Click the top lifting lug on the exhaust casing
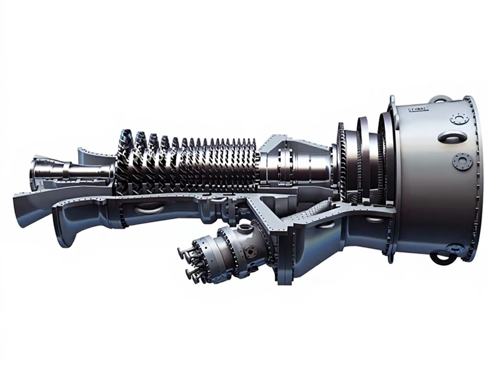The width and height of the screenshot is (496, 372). (x=439, y=99)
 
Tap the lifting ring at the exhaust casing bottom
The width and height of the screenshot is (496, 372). (x=442, y=257)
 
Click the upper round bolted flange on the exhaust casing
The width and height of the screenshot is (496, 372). (x=459, y=118)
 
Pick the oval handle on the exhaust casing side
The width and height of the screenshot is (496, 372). (x=452, y=137)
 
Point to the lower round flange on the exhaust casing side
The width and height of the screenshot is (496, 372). (x=462, y=162)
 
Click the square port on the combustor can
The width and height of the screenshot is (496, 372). (x=249, y=253)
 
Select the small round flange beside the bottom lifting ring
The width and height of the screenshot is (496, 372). (x=456, y=249)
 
